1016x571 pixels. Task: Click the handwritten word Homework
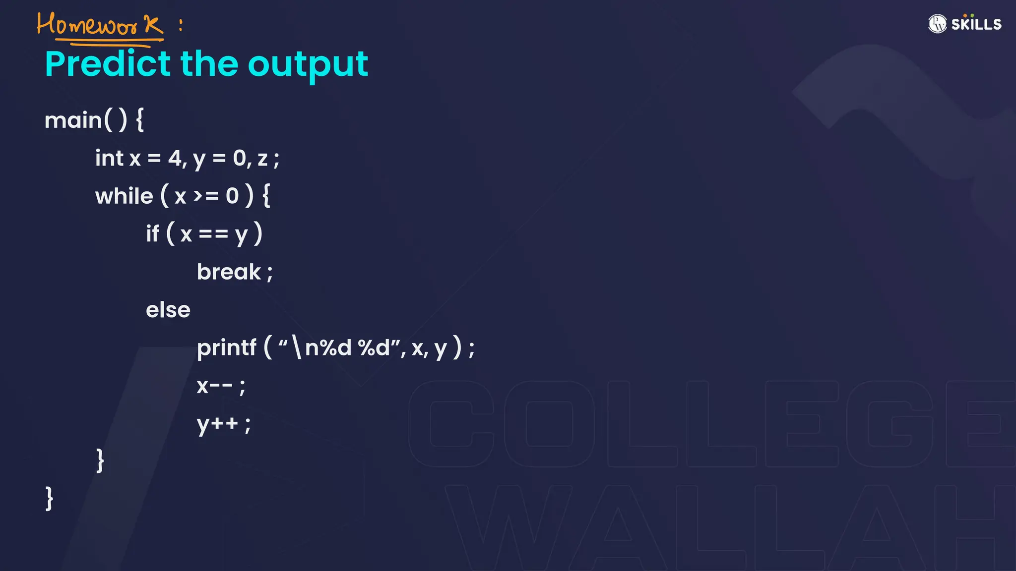click(x=99, y=25)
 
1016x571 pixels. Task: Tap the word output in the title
click(x=308, y=64)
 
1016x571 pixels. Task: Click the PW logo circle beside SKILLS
click(x=937, y=24)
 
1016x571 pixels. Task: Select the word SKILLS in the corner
click(x=976, y=24)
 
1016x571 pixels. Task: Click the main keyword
click(x=72, y=120)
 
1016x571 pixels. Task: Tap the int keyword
click(x=109, y=158)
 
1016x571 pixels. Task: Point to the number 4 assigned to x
click(x=175, y=159)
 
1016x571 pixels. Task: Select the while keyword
click(x=124, y=196)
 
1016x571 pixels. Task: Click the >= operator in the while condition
click(x=205, y=196)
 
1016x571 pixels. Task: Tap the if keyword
click(x=152, y=233)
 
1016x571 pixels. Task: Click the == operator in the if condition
click(x=213, y=234)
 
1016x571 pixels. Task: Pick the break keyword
click(x=229, y=272)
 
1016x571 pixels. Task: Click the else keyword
click(x=168, y=310)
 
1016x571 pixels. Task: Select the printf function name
click(x=227, y=347)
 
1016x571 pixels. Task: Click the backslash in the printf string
click(x=297, y=347)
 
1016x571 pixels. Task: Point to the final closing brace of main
click(x=49, y=498)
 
